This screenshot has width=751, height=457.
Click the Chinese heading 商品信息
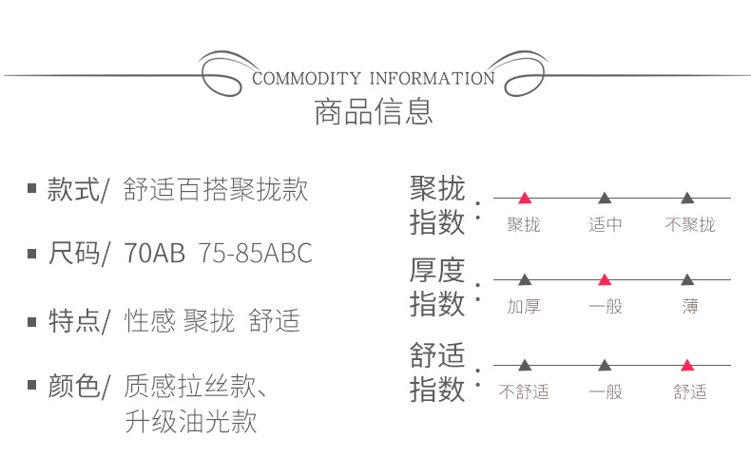[x=374, y=112]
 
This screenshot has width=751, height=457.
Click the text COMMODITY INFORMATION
[x=374, y=78]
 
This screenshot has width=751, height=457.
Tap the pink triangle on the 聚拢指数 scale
[x=524, y=198]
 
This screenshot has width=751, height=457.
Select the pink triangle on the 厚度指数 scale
[x=605, y=280]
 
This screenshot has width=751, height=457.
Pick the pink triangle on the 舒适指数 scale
[x=687, y=365]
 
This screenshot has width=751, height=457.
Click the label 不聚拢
[x=689, y=225]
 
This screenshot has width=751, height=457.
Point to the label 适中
[x=606, y=225]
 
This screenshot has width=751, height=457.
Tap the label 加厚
[x=524, y=307]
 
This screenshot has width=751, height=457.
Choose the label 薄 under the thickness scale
[x=689, y=307]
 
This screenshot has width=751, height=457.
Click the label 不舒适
[x=524, y=391]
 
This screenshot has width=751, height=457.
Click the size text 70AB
[x=154, y=254]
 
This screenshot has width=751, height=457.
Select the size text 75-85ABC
[x=255, y=254]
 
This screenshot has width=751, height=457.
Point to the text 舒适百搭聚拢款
[x=216, y=189]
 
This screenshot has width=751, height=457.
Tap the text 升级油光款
[x=190, y=421]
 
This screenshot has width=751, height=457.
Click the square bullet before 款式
[x=31, y=190]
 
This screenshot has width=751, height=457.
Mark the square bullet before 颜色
[x=31, y=387]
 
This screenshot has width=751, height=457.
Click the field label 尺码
[x=74, y=254]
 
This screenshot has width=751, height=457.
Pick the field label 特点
[x=74, y=321]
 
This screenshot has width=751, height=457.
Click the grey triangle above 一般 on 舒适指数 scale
[x=605, y=365]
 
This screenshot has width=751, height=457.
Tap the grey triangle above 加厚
[x=524, y=280]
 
